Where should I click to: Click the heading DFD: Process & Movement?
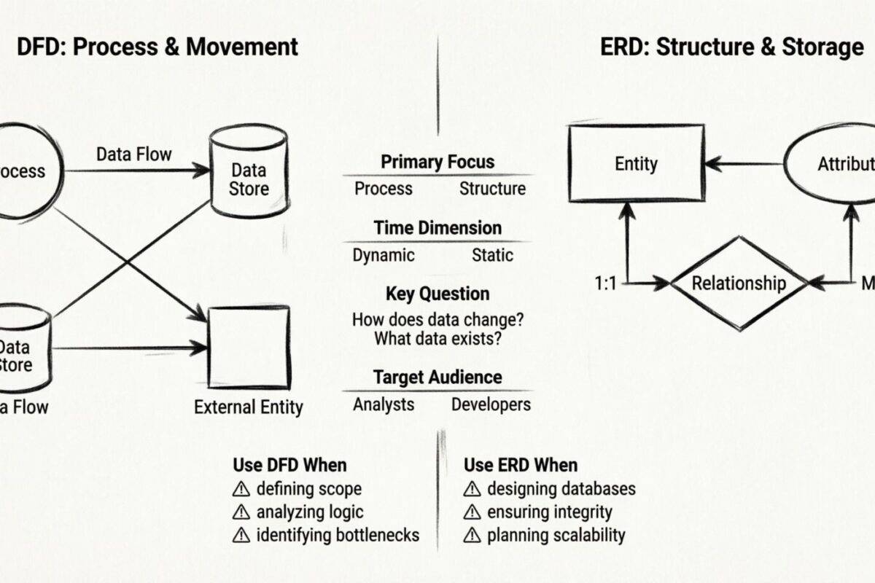tap(157, 47)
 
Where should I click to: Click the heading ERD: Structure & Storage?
tap(731, 47)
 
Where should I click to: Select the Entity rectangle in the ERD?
tap(636, 163)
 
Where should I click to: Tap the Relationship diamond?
tap(739, 283)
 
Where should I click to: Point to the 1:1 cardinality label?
tap(606, 283)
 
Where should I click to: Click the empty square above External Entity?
tap(249, 347)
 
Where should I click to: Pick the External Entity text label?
tap(248, 407)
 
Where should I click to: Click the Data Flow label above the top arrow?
tap(134, 154)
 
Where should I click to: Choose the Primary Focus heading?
tap(437, 162)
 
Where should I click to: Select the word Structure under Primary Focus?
tap(492, 189)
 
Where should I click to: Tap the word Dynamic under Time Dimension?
tap(384, 255)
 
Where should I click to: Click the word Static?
tap(492, 255)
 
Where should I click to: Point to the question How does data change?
tap(437, 319)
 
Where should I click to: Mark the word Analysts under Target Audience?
tap(384, 404)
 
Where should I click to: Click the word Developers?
tap(491, 404)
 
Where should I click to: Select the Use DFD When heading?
tap(289, 465)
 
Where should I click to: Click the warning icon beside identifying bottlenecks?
tap(241, 536)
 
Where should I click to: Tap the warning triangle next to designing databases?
tap(472, 489)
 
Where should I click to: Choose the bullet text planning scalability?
tap(556, 535)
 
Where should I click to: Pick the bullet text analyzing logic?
tap(310, 512)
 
